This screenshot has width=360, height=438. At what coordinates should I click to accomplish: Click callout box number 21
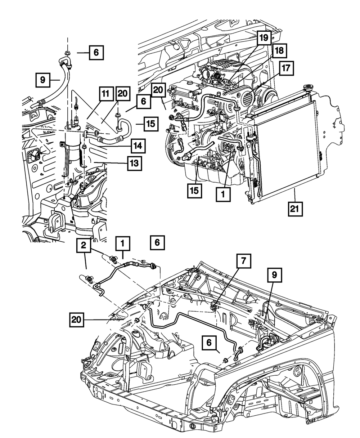coord(295,209)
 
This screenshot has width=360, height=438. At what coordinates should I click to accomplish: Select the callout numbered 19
coord(264,38)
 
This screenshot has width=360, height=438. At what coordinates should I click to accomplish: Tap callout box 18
coord(279,51)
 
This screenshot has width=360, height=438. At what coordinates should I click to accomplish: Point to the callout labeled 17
coord(286,68)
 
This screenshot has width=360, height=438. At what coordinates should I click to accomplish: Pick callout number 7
coord(243,261)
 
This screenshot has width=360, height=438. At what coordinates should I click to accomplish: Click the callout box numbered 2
coord(84,245)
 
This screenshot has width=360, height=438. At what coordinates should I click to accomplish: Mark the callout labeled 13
coord(135,163)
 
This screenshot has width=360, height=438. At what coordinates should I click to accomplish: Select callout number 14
coord(138,146)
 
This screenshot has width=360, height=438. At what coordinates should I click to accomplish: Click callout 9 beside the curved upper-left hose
coord(43,80)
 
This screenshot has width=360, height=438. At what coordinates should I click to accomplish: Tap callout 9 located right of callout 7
coord(275,275)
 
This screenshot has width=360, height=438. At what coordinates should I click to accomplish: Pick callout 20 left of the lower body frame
coord(77,319)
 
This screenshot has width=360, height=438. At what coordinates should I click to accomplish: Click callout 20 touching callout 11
coord(123,94)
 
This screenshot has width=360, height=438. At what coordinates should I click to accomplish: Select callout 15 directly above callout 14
coord(151,124)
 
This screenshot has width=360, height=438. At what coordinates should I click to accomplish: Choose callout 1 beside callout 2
coord(123,243)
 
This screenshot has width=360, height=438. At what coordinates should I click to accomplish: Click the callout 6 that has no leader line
coord(157,242)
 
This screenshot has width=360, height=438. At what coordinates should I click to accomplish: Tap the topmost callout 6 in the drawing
coord(96,53)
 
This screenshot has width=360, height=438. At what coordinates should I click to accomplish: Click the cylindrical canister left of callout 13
coord(73,146)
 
